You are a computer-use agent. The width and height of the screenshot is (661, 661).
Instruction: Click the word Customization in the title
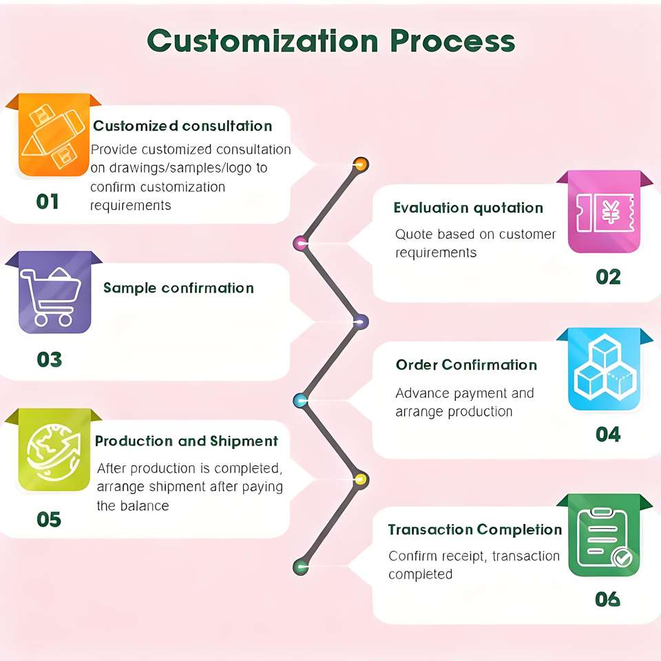(262, 41)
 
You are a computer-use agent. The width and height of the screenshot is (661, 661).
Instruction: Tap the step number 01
(48, 202)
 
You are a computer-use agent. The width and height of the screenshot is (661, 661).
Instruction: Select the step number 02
(608, 277)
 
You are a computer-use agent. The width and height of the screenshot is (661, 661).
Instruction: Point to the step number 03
(50, 359)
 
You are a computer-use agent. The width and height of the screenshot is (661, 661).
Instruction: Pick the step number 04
(608, 434)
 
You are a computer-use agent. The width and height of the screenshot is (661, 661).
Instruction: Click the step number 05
(49, 519)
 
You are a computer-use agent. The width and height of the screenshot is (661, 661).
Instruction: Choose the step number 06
(607, 599)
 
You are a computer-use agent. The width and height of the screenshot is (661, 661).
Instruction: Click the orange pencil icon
(54, 136)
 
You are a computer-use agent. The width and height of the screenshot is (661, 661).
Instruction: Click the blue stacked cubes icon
(604, 370)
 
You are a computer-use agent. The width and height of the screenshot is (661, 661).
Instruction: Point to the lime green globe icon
(54, 451)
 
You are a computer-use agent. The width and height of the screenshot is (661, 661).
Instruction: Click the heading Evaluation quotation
(468, 208)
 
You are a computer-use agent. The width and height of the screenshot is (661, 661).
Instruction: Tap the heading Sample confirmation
(178, 288)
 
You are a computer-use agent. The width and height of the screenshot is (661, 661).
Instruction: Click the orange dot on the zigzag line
(360, 164)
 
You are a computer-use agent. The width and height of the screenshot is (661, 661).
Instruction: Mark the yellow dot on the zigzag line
(359, 479)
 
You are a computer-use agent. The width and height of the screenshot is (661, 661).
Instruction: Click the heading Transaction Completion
(474, 529)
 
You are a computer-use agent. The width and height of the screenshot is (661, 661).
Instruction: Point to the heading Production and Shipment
(186, 441)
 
